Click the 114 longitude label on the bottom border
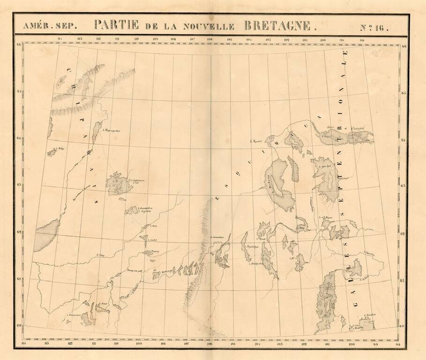tap(24, 345)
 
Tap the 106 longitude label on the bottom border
tap(209, 345)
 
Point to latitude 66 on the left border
tap(19, 45)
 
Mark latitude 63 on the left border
tap(19, 185)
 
